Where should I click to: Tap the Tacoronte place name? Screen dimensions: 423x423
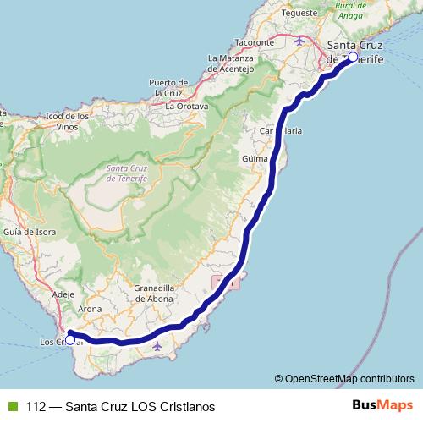[x=255, y=41]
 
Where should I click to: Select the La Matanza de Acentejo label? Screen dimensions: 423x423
[x=230, y=64]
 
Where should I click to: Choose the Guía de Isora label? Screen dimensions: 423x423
[x=29, y=231]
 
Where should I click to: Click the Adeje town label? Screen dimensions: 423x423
[x=63, y=294]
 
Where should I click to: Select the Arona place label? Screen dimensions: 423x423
[x=90, y=309]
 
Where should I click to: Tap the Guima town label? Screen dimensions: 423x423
[x=254, y=158]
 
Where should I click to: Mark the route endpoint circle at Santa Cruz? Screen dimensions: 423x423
[x=354, y=58]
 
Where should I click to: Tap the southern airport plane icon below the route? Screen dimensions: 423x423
[x=157, y=346]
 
